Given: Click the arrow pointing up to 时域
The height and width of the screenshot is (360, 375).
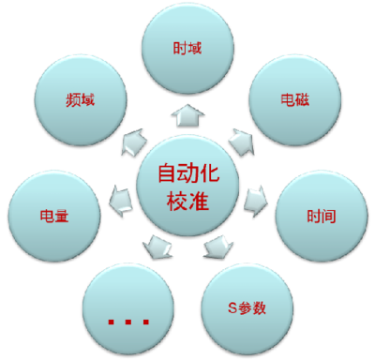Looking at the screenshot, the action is pos(187,114).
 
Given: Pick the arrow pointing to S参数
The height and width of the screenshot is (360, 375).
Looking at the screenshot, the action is pos(217,248).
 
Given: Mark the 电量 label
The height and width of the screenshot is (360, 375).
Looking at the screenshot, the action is pos(54,215).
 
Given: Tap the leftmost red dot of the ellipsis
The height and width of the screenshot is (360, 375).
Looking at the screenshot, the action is pos(112,322).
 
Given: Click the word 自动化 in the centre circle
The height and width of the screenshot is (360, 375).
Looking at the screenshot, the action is pos(187,173).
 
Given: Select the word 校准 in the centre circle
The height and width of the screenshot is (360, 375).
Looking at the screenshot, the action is pos(187,201).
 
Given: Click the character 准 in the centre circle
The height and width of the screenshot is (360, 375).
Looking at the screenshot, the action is pos(200,201).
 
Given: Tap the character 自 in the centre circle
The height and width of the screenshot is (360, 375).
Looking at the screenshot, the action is pos(165,173).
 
